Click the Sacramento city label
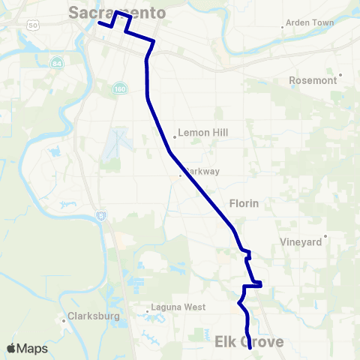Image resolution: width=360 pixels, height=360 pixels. pos(116,12)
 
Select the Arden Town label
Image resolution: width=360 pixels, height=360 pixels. pos(310,23)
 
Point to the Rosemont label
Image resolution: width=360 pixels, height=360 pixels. pos(313,80)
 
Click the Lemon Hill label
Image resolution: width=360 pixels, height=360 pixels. pos(202,132)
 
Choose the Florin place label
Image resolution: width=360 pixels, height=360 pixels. pos(243,202)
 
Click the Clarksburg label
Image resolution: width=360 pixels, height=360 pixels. pos(94,316)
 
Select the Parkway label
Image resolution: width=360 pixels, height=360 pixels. pos(202,171)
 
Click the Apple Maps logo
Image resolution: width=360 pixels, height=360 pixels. pos(27,348)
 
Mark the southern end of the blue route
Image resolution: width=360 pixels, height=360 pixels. pos(249,349)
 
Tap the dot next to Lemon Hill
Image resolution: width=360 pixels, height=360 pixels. pos(174,136)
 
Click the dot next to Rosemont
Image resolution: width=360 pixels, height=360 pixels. pos(340,75)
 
